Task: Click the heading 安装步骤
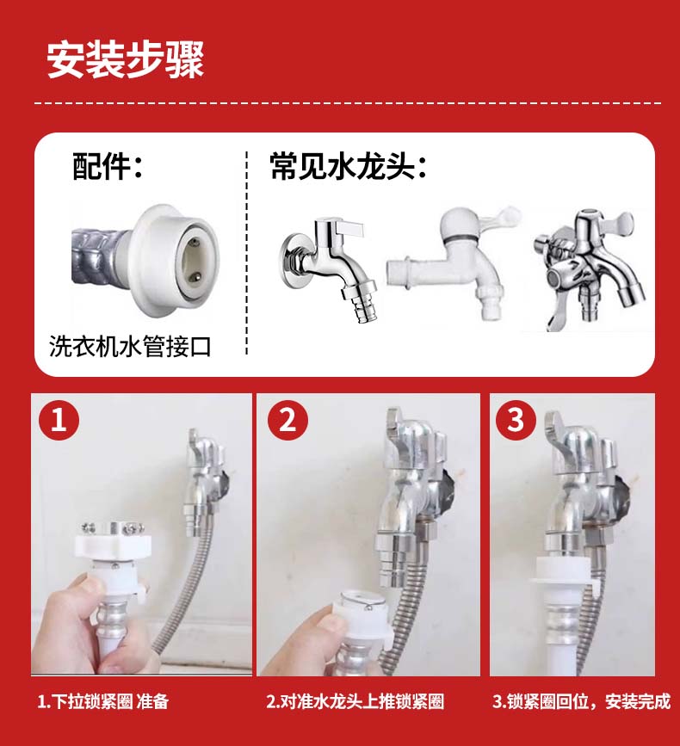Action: coord(125,59)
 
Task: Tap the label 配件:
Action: coord(108,166)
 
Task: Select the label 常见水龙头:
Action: coord(348,166)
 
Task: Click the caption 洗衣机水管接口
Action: coord(130,346)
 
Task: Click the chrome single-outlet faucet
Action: coord(328,268)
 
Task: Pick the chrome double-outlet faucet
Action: coord(590,268)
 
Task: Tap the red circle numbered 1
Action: coord(59,420)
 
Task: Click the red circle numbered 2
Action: coord(287,420)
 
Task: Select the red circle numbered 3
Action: coord(516,420)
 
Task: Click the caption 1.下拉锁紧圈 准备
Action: coord(102,701)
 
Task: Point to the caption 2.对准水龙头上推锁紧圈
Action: coord(355,701)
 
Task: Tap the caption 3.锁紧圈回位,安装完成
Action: coord(582,701)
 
